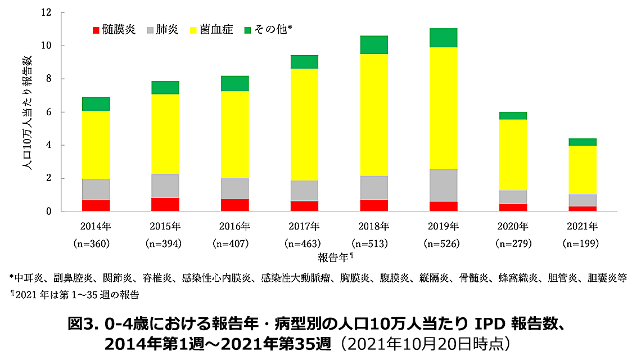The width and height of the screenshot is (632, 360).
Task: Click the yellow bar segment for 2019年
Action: (443, 108)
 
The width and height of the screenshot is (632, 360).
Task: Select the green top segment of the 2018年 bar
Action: (374, 44)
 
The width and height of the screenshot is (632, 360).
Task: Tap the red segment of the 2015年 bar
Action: (165, 204)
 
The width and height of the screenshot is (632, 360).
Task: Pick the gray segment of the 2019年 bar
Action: (443, 185)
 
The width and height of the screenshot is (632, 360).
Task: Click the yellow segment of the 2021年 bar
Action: (583, 170)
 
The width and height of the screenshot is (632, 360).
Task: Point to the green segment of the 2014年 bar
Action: (96, 103)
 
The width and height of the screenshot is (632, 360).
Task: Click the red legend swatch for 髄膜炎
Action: (96, 30)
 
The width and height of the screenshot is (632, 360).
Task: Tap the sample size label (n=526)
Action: (443, 244)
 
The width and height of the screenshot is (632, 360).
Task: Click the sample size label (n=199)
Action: (582, 244)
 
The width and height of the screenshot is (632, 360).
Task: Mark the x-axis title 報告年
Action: (331, 257)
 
